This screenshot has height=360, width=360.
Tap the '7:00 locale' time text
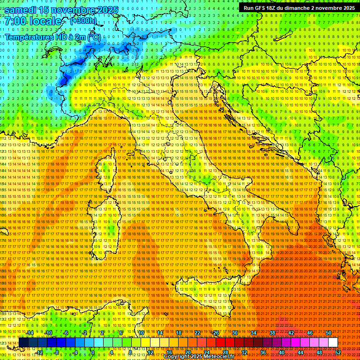tap(33, 21)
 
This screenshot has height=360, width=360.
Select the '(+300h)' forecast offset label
tap(83, 21)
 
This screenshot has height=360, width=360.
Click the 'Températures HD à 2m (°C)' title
tap(52, 37)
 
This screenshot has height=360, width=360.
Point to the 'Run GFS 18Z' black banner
tap(299, 8)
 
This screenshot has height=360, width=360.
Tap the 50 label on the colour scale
tap(328, 333)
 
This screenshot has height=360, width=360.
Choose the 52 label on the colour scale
tap(338, 352)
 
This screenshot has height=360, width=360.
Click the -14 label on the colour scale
tap(30, 333)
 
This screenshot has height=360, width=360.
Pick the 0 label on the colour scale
tap(93, 352)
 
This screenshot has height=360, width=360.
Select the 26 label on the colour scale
tap(216, 333)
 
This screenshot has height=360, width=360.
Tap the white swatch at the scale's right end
tap(333, 342)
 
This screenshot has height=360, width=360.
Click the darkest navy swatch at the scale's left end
tap(23, 342)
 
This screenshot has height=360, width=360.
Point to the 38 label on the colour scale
tap(272, 333)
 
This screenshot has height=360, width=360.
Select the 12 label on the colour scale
tap(150, 352)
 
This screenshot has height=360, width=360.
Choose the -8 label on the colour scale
tap(56, 352)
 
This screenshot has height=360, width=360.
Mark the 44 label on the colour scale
tap(300, 352)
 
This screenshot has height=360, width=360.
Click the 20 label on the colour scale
tap(188, 352)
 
